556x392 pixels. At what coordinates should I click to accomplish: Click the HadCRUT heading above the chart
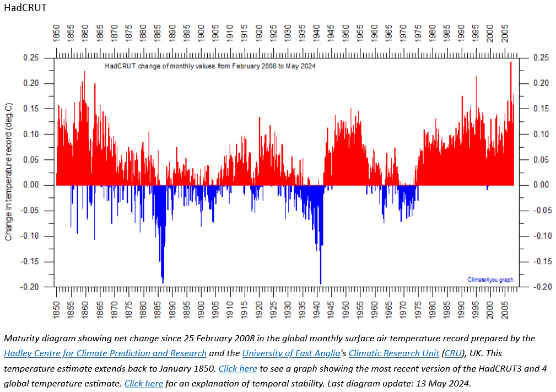pos(25,8)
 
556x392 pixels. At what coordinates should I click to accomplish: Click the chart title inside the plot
pos(210,66)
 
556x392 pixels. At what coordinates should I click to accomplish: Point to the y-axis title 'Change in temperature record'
pos(9,172)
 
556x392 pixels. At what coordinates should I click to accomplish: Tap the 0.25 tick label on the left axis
pos(31,58)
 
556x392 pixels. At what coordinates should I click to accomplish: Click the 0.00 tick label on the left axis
pos(31,185)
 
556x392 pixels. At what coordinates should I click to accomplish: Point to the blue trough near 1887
pos(163,278)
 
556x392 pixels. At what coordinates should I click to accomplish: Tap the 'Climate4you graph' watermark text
pos(490,280)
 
